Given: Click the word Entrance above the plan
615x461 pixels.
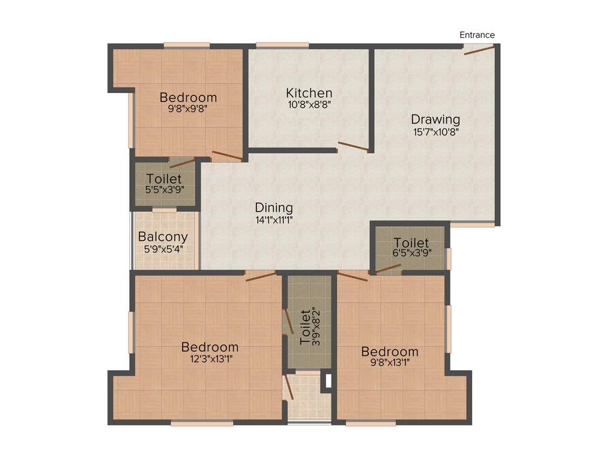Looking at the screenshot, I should [x=477, y=35].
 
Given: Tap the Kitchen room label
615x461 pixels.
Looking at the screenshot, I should [x=309, y=93].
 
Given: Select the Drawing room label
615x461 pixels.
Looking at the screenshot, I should [x=435, y=119].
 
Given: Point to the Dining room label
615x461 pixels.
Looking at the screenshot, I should [x=274, y=208].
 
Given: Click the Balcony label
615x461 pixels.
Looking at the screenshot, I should [x=163, y=237].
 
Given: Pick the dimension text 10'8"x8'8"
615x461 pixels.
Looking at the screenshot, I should [x=309, y=104].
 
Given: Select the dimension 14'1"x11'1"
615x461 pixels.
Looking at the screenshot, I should [x=274, y=219].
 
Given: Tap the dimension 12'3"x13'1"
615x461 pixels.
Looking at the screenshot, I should [x=210, y=358].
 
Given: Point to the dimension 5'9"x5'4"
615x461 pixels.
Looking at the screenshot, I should [x=163, y=247].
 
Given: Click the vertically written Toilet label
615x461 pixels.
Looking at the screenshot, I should [x=305, y=327].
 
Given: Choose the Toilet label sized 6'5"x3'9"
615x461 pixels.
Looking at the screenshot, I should [x=411, y=243].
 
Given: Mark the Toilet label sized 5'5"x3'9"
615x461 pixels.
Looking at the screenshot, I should [x=164, y=178].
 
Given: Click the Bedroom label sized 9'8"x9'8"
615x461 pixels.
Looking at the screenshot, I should [x=188, y=97].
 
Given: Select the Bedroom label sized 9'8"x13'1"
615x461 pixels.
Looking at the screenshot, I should [x=390, y=351].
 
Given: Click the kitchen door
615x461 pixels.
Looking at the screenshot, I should [x=353, y=146].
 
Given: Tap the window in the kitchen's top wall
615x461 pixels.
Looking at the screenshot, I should [x=282, y=44].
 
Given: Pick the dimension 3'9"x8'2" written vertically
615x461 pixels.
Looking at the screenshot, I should [x=316, y=327].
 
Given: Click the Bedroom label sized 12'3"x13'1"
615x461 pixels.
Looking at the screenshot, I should [x=210, y=347].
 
